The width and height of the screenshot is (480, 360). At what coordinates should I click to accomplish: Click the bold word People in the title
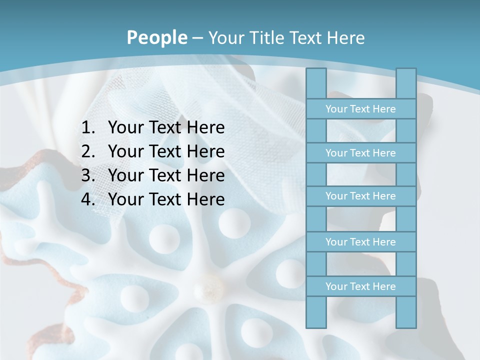point(156,37)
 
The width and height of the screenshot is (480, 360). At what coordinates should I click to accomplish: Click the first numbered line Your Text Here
point(166,128)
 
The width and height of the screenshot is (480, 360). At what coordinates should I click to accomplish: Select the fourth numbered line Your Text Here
point(166,199)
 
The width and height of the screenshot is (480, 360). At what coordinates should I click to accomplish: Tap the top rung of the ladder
point(360,109)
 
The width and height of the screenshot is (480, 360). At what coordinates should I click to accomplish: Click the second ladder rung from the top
point(360,153)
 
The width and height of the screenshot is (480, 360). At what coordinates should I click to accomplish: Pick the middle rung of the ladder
point(360,196)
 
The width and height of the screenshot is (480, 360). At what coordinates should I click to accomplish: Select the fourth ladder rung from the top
point(360,242)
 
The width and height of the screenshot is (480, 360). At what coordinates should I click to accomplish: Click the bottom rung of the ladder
point(360,286)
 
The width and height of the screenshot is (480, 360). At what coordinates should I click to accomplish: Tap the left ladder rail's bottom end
point(316,324)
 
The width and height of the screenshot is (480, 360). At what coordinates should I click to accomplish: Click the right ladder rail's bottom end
point(406,324)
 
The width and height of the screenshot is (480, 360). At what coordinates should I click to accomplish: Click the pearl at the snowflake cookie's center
point(209,288)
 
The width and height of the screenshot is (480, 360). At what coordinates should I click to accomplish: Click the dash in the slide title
point(197,38)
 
